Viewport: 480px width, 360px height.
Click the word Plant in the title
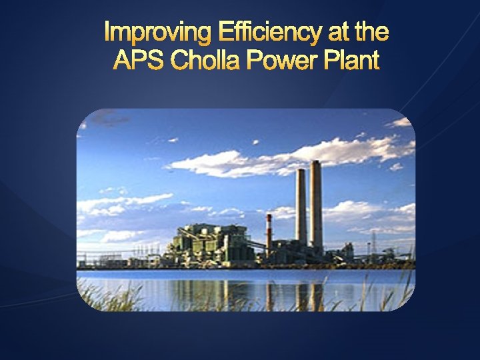click(x=353, y=61)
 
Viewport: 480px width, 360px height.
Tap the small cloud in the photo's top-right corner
click(x=400, y=123)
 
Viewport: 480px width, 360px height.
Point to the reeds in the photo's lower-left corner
click(x=100, y=297)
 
